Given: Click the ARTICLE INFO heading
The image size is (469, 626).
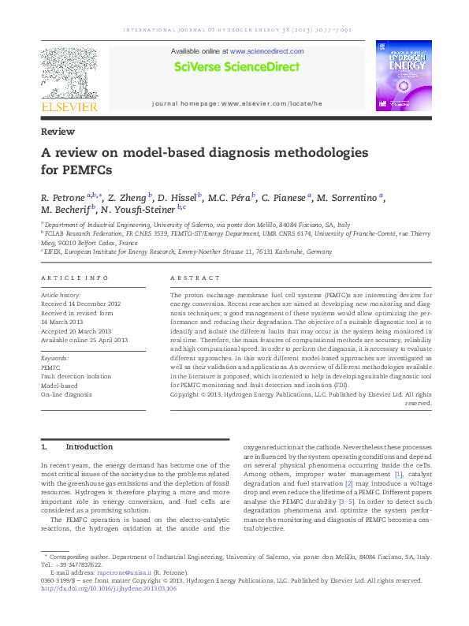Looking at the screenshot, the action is click(74, 278).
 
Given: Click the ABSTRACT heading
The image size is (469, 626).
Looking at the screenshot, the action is click(195, 278).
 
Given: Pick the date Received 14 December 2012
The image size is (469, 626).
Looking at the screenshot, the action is click(80, 303).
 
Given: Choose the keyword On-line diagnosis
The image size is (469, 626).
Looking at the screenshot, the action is click(66, 394).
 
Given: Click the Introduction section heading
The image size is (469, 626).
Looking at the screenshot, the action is click(89, 447).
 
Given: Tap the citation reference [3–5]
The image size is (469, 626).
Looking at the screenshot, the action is click(348, 501).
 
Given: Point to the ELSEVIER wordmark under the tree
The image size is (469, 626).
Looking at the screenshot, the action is click(69, 106).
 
